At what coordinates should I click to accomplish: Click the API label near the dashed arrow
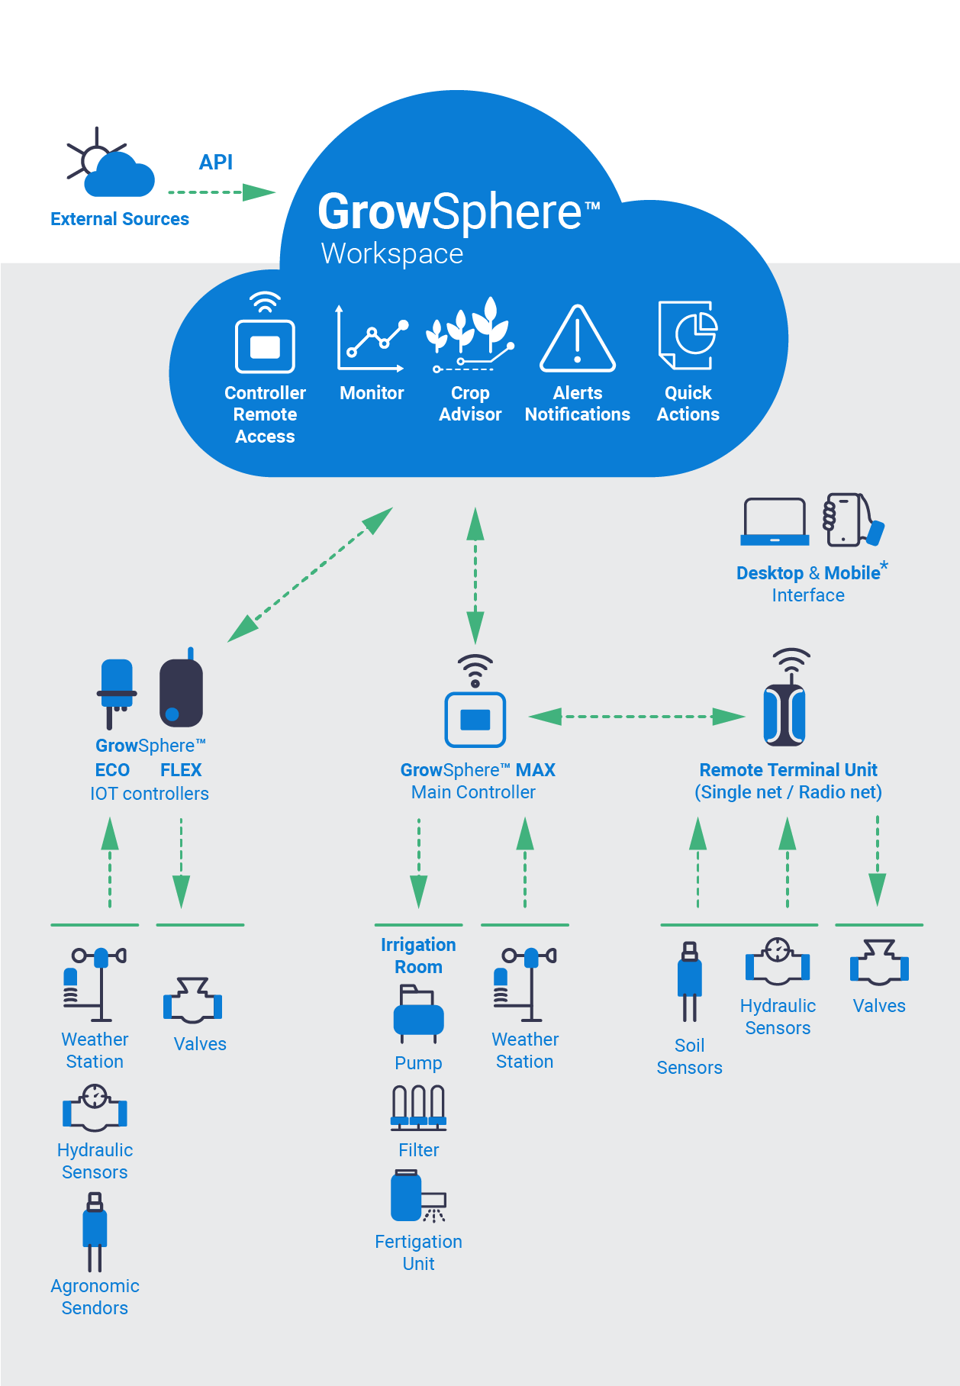215,162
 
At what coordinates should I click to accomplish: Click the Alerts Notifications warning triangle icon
578,340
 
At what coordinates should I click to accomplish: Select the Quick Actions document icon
688,336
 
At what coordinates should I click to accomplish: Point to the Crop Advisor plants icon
470,336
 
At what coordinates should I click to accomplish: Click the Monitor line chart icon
372,340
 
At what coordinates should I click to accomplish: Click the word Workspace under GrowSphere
391,253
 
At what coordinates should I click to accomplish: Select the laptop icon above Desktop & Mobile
775,522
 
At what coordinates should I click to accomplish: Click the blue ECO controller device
117,691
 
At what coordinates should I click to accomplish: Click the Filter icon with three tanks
418,1107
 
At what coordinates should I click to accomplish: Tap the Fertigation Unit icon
417,1197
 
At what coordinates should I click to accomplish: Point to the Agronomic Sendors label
95,1297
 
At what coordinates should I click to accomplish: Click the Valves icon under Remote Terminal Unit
879,962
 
